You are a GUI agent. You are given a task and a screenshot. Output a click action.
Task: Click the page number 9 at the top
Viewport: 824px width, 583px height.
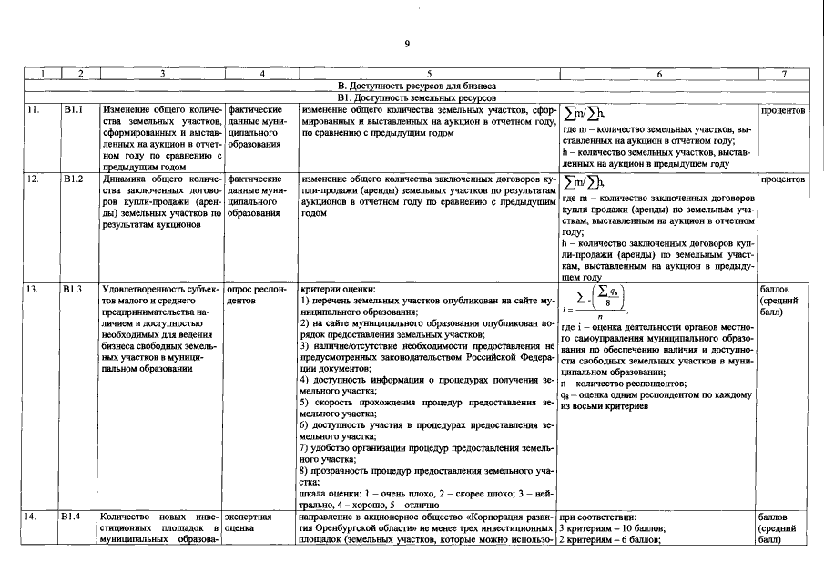(408, 43)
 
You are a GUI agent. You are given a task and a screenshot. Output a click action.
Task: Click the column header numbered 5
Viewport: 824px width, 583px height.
(428, 74)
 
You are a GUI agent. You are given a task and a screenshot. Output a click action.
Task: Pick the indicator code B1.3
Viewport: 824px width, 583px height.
(73, 289)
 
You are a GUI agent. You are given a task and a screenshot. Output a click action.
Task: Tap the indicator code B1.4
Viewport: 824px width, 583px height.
(73, 517)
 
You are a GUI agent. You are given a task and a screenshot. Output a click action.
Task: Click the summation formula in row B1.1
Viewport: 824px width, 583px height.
(585, 112)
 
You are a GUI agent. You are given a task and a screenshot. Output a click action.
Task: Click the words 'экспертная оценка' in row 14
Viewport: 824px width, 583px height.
(248, 522)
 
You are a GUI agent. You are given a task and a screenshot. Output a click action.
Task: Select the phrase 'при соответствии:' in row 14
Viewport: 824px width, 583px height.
(596, 517)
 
